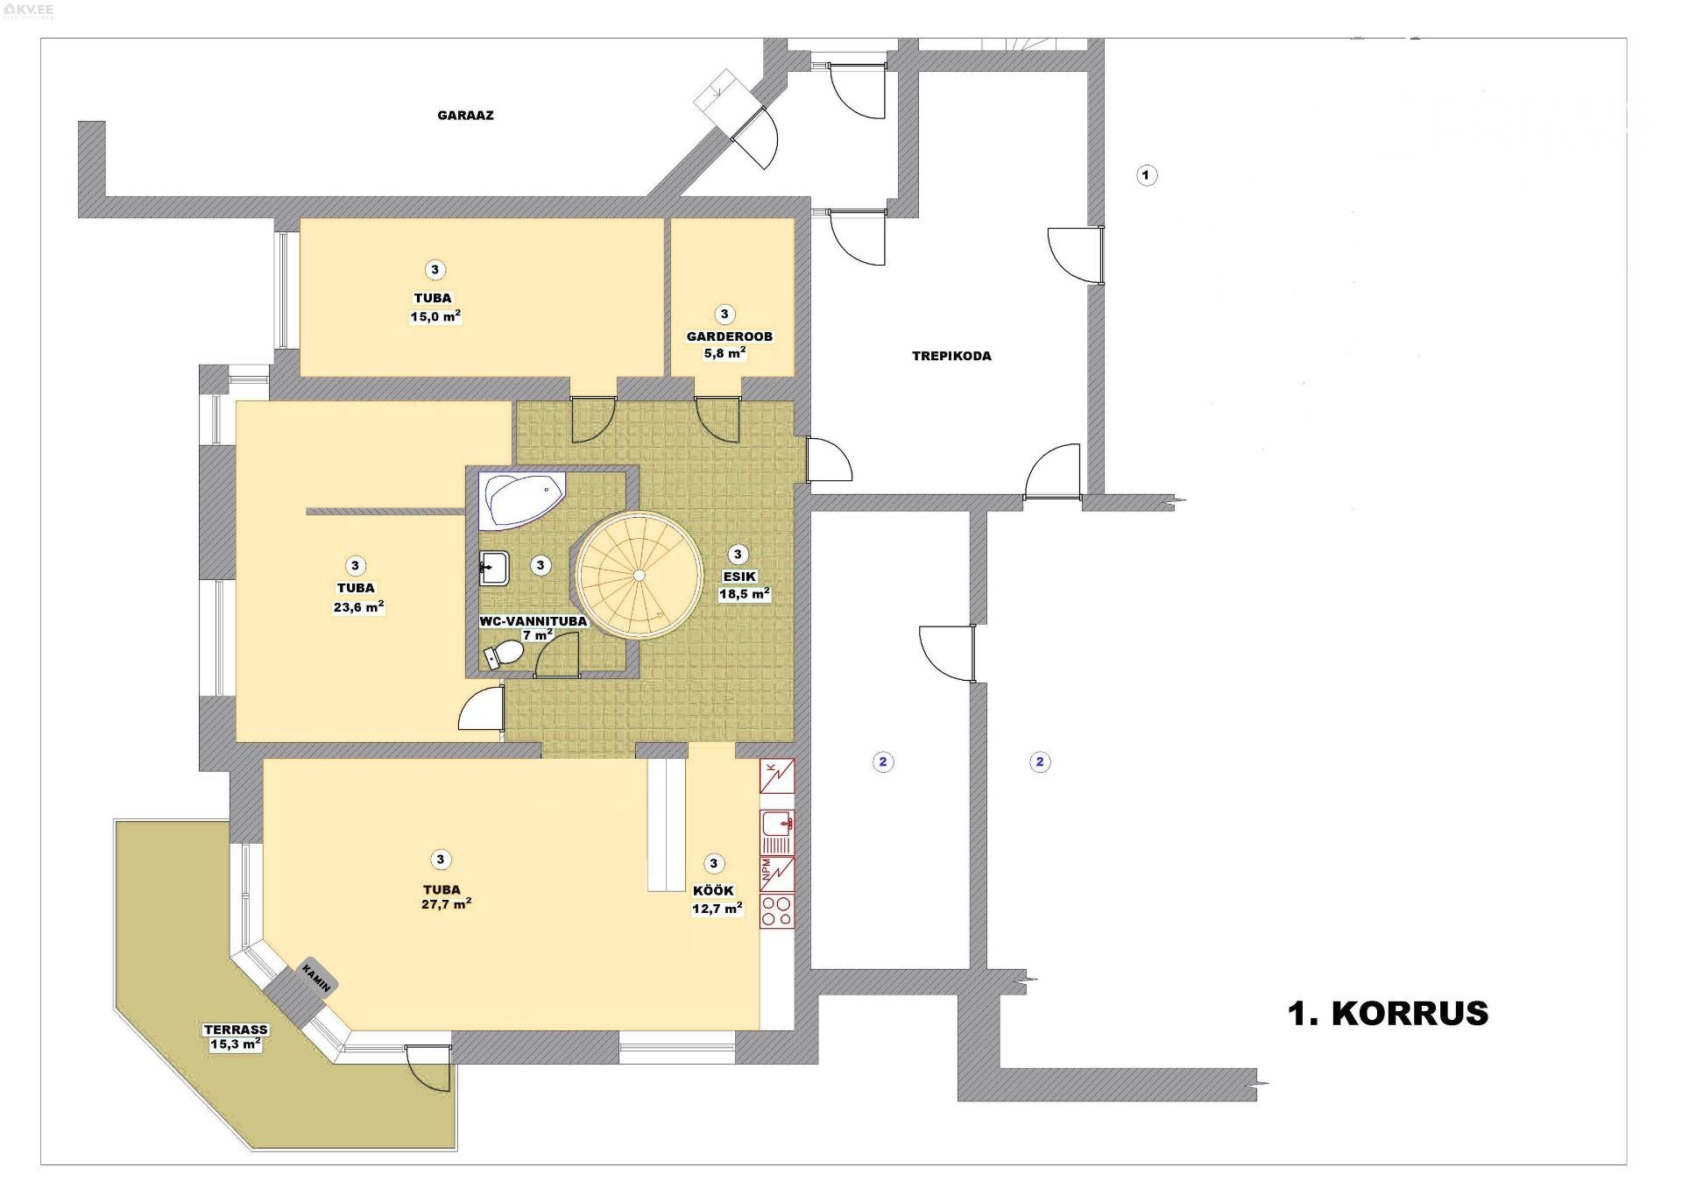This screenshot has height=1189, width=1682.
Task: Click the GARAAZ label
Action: pyautogui.click(x=465, y=115)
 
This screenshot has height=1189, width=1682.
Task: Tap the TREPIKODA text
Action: pyautogui.click(x=951, y=356)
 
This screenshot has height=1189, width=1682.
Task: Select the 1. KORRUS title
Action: pyautogui.click(x=1388, y=1013)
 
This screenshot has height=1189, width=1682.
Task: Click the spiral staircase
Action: pyautogui.click(x=640, y=574)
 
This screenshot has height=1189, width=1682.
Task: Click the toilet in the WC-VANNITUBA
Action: pyautogui.click(x=504, y=654)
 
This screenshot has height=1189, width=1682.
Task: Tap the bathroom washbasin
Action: pyautogui.click(x=495, y=569)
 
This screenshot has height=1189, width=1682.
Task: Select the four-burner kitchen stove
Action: pyautogui.click(x=777, y=910)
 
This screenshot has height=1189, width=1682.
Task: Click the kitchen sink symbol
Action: pyautogui.click(x=777, y=832)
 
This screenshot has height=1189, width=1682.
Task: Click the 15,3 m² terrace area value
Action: pyautogui.click(x=236, y=1044)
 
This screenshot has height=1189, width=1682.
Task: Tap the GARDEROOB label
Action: pyautogui.click(x=730, y=336)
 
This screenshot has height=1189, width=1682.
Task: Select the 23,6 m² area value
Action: pyautogui.click(x=359, y=607)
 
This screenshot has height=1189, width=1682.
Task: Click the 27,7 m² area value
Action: pyautogui.click(x=447, y=904)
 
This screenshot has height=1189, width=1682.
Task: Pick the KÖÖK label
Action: pyautogui.click(x=713, y=891)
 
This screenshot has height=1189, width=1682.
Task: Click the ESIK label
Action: pyautogui.click(x=739, y=577)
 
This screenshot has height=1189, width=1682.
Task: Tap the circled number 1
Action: pyautogui.click(x=1146, y=175)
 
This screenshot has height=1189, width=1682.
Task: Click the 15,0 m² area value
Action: pyautogui.click(x=435, y=316)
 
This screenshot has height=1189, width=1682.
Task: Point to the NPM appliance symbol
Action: pyautogui.click(x=777, y=874)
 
